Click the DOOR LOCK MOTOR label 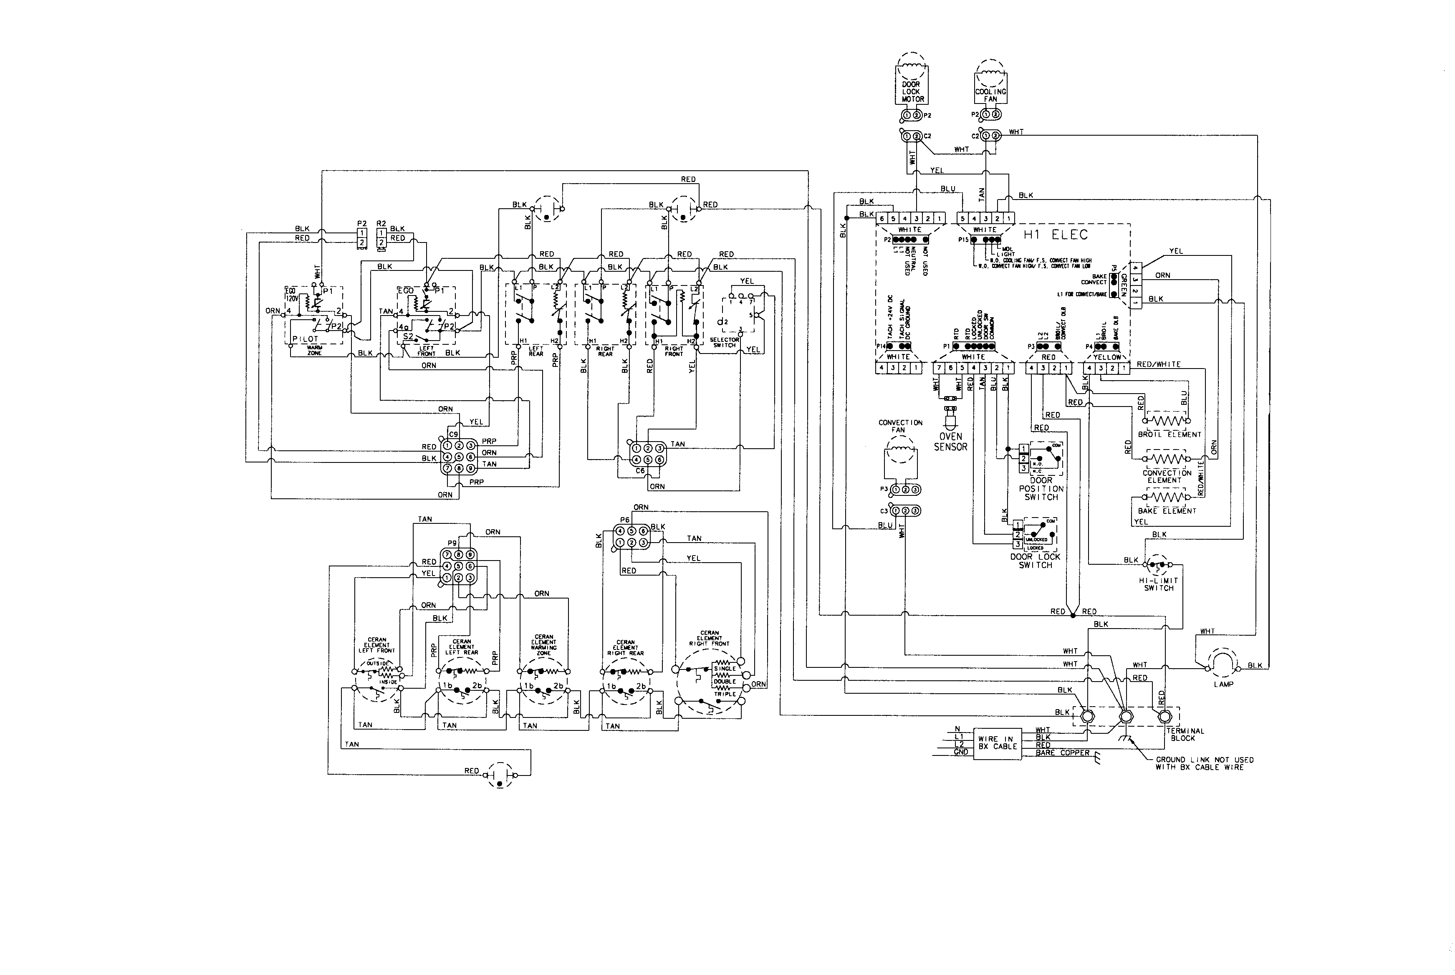pos(912,91)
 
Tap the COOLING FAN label pos(990,95)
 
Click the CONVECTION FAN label pos(900,426)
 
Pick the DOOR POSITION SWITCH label pos(1041,489)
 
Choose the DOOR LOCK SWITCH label pos(1035,561)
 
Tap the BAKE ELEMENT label pos(1167,510)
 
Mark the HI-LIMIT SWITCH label pos(1158,584)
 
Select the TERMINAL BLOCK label pos(1185,734)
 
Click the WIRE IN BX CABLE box pos(997,743)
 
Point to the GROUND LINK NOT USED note pos(1204,763)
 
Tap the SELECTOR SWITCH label pos(725,342)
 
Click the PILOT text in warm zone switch pos(305,339)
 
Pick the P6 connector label pos(624,520)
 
